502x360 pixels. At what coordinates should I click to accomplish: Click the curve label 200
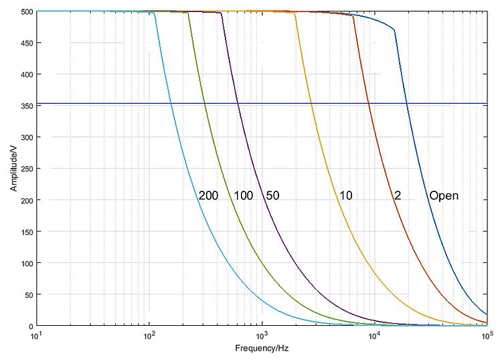coord(207,196)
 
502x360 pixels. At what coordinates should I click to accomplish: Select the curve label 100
coord(243,196)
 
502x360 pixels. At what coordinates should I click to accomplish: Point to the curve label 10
coord(345,196)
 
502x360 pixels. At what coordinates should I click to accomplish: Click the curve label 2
coord(398,196)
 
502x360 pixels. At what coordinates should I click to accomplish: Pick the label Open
coord(444,196)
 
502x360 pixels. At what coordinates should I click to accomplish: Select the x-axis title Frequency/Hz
coord(262,349)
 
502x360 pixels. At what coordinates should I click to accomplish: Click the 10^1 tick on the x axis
coord(37,335)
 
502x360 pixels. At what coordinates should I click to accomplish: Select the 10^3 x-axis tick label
coord(262,335)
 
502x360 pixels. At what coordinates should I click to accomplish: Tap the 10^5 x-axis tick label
coord(487,335)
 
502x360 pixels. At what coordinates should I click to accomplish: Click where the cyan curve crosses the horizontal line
coord(171,104)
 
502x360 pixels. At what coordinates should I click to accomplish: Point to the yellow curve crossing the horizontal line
coord(310,104)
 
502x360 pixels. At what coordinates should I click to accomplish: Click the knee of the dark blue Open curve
coord(395,30)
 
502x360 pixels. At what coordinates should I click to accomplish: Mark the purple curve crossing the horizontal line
coord(238,104)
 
